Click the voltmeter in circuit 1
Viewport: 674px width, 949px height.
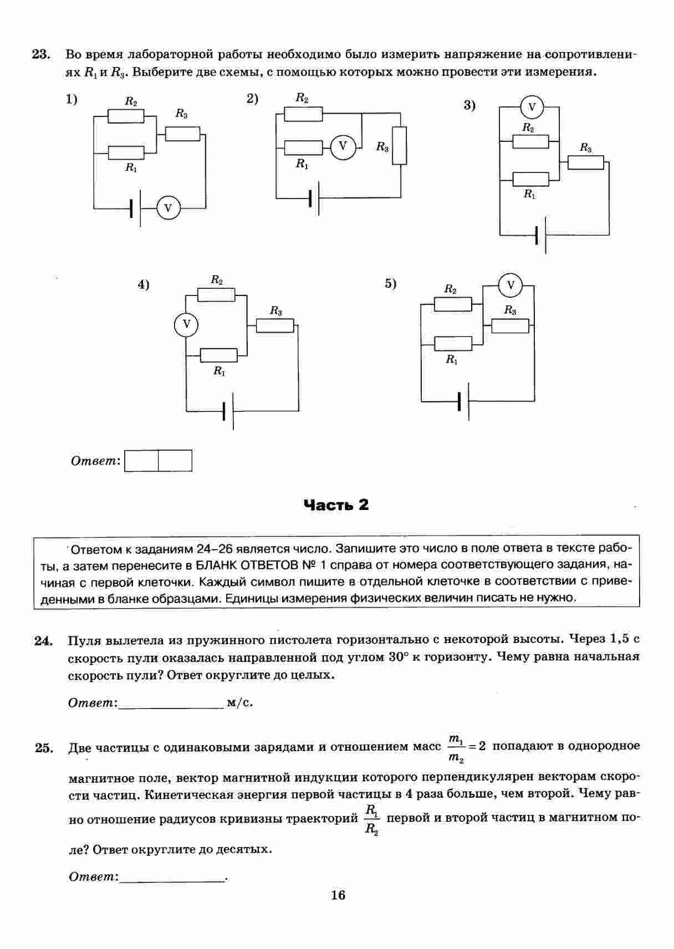[168, 208]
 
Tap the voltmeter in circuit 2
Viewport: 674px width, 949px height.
[343, 146]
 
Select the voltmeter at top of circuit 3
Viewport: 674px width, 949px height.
[532, 107]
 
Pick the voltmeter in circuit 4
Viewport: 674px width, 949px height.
[186, 324]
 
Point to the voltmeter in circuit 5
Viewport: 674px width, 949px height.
[510, 286]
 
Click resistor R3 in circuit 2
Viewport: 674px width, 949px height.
[399, 146]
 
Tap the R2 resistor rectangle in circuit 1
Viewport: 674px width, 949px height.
[126, 116]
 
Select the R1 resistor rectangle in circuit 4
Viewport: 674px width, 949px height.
[218, 355]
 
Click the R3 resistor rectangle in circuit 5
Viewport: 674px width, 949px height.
[510, 326]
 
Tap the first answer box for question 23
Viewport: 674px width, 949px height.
[142, 461]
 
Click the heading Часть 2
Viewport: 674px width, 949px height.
[336, 505]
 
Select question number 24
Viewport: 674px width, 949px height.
[43, 641]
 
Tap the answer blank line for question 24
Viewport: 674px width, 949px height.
[171, 704]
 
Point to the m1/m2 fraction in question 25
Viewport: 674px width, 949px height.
[456, 747]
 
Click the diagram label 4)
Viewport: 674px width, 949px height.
[144, 285]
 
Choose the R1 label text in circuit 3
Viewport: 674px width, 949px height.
[529, 195]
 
